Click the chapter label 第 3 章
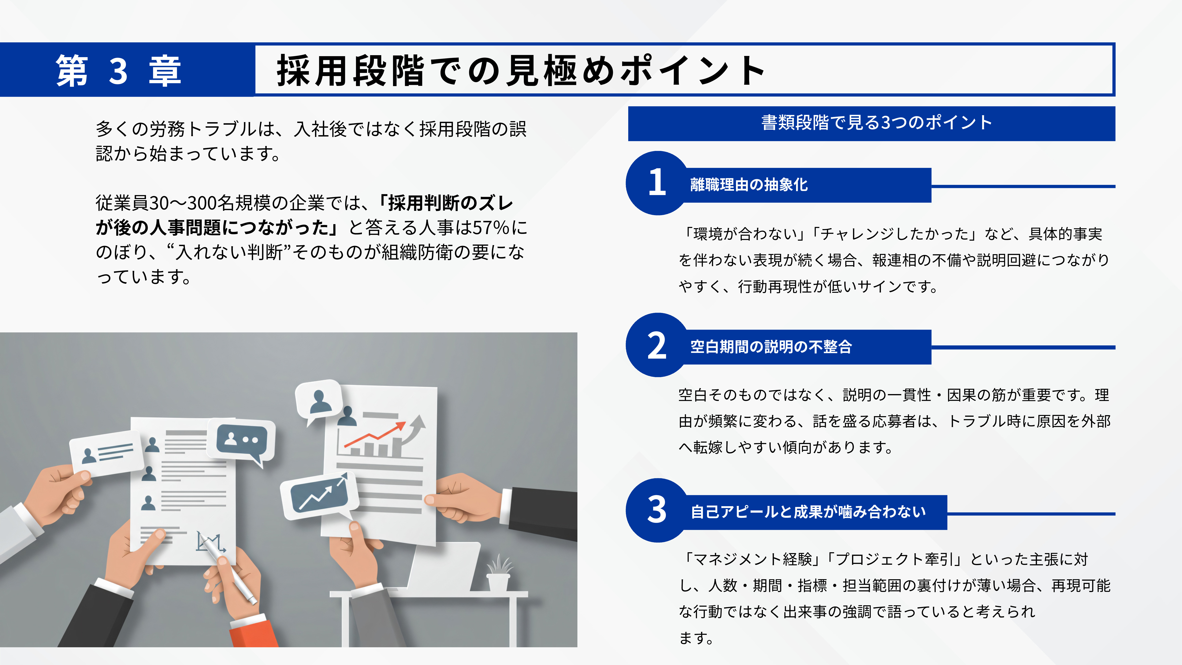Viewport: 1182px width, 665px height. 118,70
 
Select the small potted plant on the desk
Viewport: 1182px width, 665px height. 499,573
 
